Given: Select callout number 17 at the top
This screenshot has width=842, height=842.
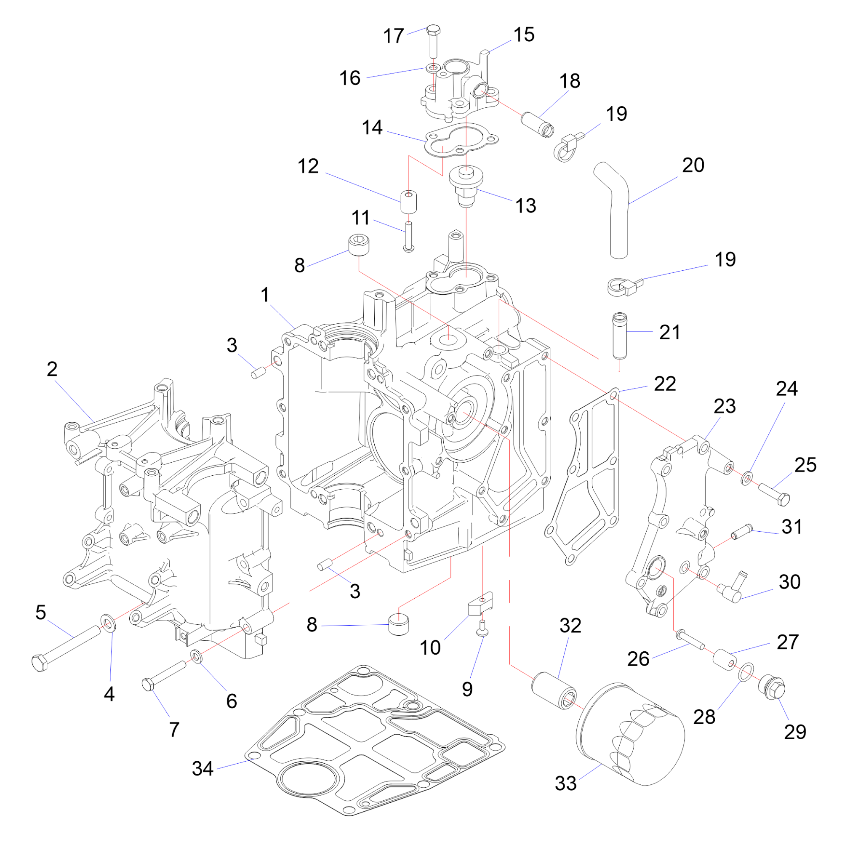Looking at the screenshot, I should pyautogui.click(x=394, y=36).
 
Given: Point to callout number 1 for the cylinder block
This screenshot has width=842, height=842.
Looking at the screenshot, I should pyautogui.click(x=265, y=295).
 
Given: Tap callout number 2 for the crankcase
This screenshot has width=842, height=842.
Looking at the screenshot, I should pyautogui.click(x=52, y=369).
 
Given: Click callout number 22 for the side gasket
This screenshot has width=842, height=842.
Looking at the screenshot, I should pyautogui.click(x=665, y=384).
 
